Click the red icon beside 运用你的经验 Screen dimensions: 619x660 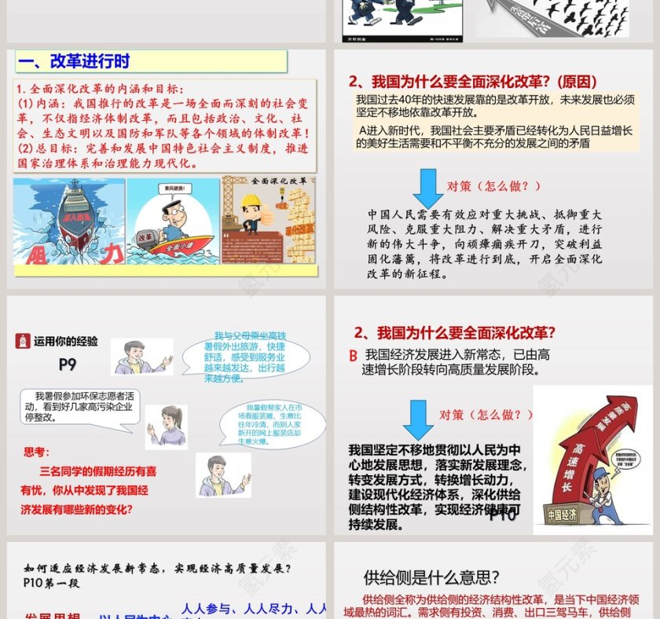coord(22,341)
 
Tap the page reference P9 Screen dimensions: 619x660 coord(68,364)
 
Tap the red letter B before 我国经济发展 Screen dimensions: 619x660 coord(354,356)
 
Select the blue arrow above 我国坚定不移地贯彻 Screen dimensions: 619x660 coord(418,419)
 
